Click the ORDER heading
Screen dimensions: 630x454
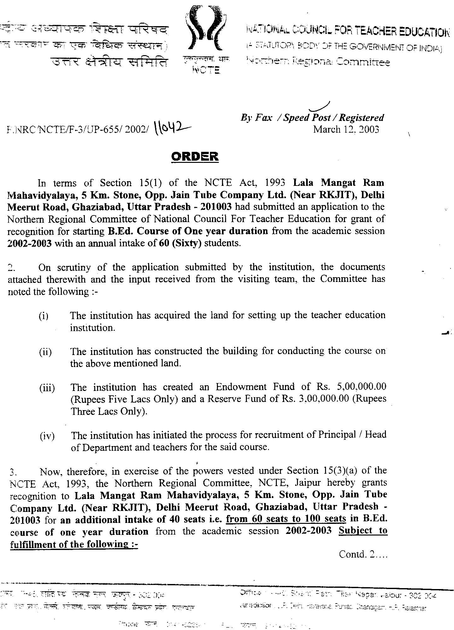coord(195,157)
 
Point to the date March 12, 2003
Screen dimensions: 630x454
coord(346,129)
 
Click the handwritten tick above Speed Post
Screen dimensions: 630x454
coord(320,107)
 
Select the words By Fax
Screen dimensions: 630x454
coord(256,118)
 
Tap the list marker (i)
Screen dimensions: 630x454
coord(44,316)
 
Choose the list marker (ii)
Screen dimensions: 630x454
coord(45,352)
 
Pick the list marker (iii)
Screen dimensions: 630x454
coord(47,388)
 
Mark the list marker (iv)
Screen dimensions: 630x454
coord(47,436)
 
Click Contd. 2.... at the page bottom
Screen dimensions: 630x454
coord(363,554)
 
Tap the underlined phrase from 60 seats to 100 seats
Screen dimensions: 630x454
coord(286,519)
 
